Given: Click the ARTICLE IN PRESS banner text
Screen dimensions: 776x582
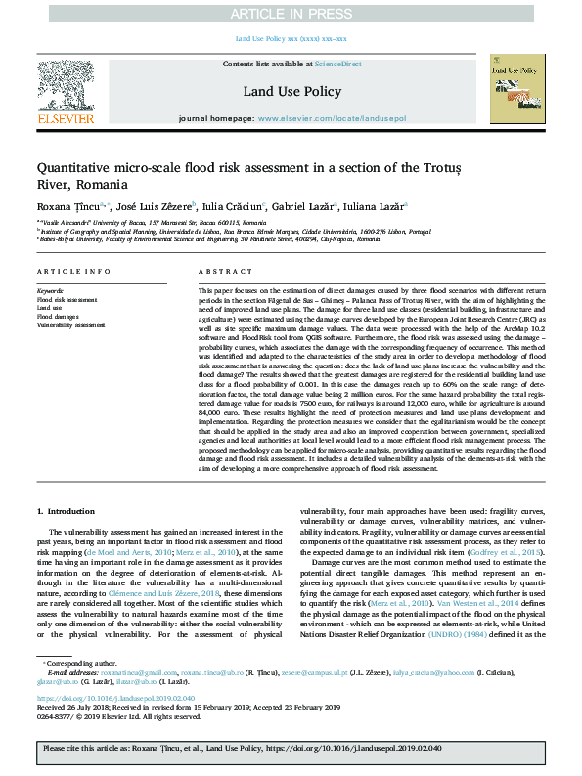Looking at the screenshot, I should pyautogui.click(x=291, y=14).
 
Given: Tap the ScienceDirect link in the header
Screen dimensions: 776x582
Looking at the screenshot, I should pyautogui.click(x=337, y=64).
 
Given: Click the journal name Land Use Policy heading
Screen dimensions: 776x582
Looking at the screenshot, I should pyautogui.click(x=291, y=90).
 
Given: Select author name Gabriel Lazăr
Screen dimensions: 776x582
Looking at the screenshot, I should pyautogui.click(x=300, y=206).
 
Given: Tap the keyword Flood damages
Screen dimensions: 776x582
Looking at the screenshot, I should pyautogui.click(x=58, y=317).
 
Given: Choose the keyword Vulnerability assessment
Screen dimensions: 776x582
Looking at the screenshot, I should pyautogui.click(x=71, y=324).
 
